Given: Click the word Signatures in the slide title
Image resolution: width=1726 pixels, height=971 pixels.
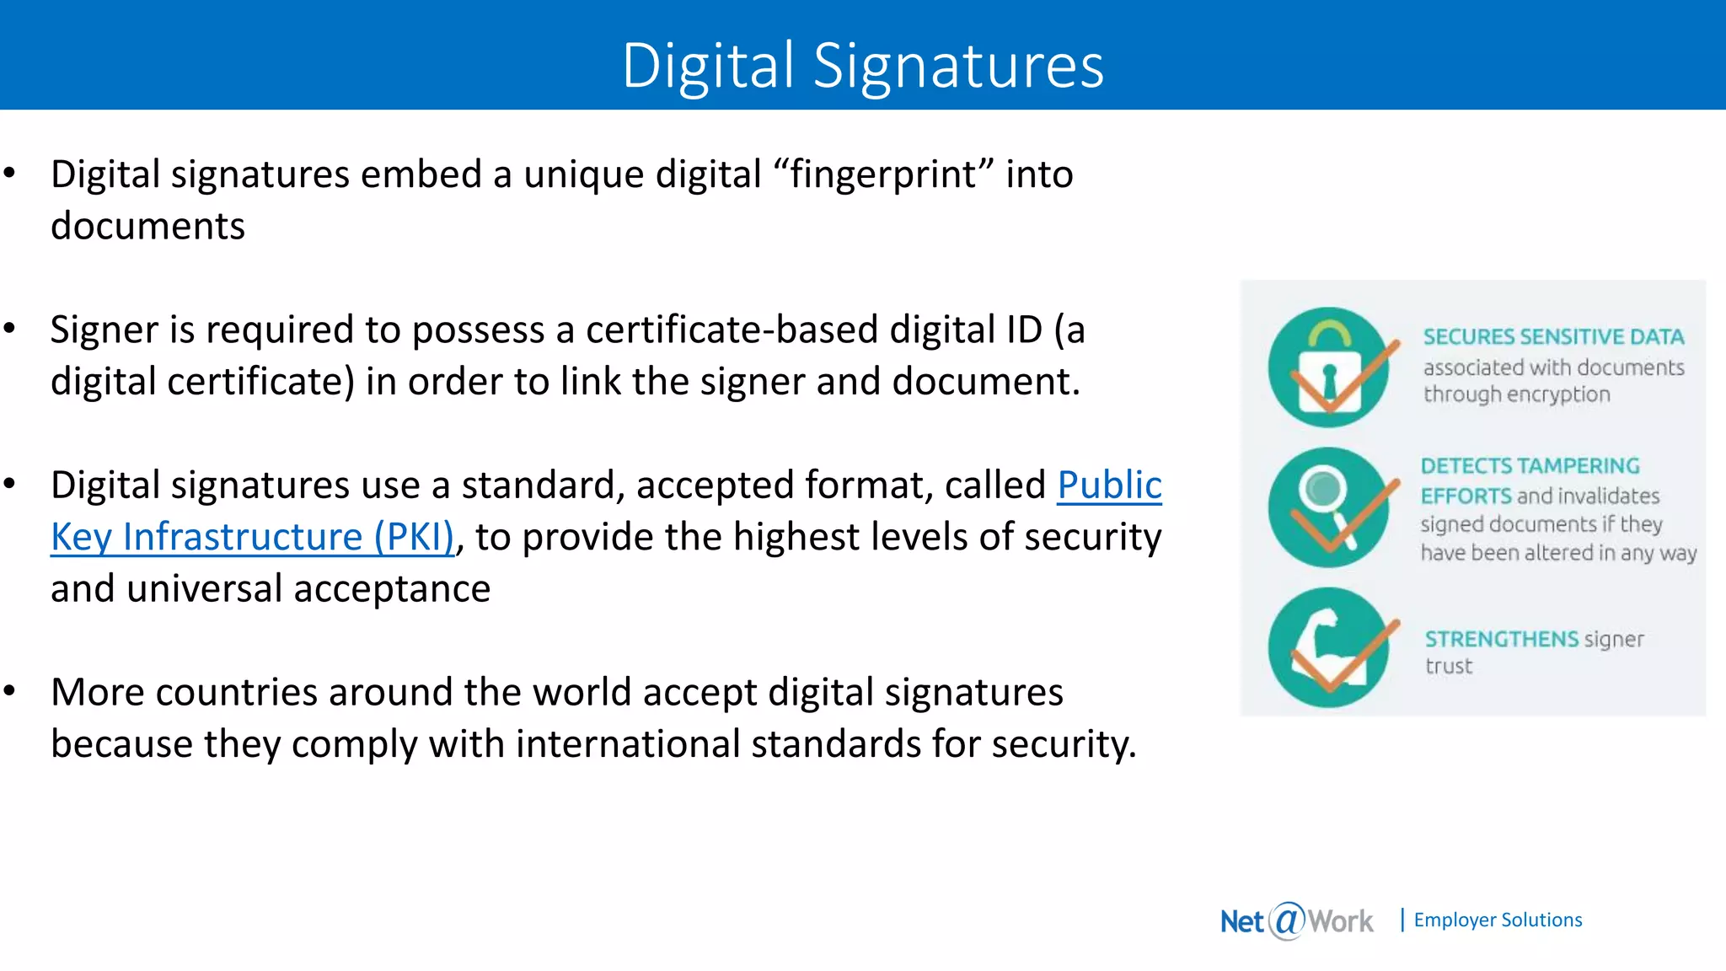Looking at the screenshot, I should tap(958, 66).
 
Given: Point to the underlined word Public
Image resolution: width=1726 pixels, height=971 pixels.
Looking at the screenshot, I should tap(1109, 485).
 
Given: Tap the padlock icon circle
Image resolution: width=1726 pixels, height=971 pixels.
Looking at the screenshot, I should tap(1328, 367).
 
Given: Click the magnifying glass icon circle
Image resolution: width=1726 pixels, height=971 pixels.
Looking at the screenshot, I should tap(1328, 507).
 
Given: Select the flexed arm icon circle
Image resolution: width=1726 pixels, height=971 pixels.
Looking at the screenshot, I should tap(1328, 647).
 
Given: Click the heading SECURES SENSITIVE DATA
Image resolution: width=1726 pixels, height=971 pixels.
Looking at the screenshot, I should tap(1553, 337).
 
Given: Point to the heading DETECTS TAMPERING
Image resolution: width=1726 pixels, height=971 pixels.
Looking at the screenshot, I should tap(1530, 466).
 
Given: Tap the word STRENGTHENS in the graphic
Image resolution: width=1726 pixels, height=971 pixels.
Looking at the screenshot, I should tap(1501, 639).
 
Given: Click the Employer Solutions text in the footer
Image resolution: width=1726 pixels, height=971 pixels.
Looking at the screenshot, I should tap(1498, 920).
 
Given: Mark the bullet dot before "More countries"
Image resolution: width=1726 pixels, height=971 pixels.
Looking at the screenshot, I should tap(10, 692).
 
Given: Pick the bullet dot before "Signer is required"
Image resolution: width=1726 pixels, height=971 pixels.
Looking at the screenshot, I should tap(10, 330).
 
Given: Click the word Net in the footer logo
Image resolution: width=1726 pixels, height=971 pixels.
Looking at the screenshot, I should tap(1241, 921).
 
